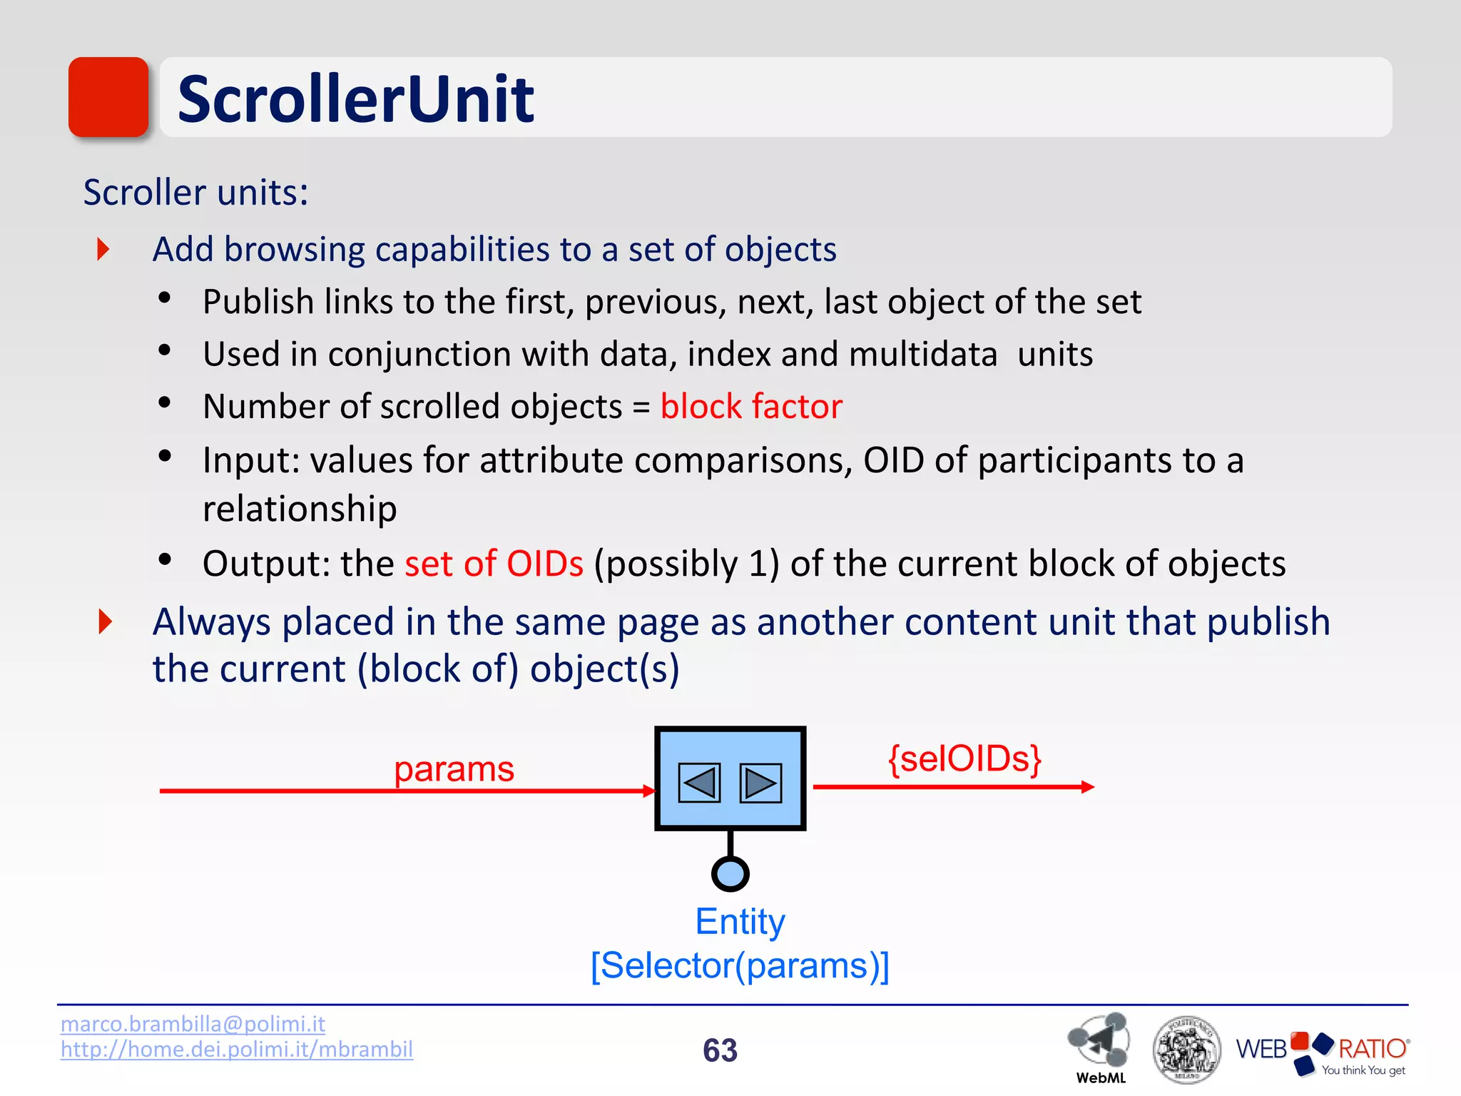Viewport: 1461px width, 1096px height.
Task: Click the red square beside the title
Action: [108, 97]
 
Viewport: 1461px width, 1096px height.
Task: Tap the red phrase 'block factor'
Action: [750, 407]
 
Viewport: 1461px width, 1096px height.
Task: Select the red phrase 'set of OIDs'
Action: [494, 564]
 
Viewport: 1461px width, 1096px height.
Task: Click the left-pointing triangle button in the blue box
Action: [698, 783]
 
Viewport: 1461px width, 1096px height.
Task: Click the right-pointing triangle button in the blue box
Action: [760, 783]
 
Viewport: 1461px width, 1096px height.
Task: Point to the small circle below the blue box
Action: [730, 873]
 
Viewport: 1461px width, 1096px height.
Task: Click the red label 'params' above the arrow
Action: [454, 769]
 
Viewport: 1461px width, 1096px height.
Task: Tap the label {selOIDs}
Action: [964, 758]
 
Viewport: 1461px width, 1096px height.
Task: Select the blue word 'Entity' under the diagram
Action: [740, 921]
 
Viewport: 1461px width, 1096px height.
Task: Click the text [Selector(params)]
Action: [740, 966]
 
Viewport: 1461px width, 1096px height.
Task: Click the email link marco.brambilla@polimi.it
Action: [193, 1024]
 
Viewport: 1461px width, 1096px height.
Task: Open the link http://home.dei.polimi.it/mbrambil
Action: [236, 1050]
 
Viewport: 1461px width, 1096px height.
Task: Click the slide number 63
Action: [720, 1050]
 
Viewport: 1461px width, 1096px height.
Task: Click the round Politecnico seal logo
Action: [1186, 1050]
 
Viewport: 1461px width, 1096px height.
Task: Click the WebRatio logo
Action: [1323, 1052]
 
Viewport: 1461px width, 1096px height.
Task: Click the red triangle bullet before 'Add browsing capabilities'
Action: [103, 249]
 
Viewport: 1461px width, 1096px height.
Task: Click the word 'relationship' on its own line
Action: [300, 509]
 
